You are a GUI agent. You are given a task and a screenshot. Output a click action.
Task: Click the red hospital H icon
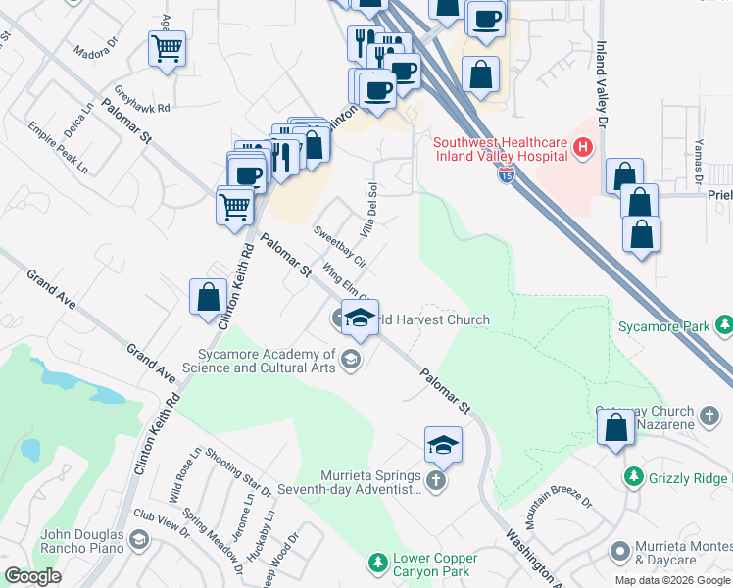583,149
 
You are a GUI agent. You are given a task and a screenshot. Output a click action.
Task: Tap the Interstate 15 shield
506,174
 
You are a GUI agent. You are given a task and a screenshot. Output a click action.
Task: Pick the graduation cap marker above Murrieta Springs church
443,445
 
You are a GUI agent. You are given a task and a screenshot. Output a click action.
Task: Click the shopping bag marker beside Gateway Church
615,428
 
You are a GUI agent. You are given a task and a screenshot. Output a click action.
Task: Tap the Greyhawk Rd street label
142,102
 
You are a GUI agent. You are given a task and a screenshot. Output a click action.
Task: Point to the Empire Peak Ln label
58,148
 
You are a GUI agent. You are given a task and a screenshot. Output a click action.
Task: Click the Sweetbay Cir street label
339,247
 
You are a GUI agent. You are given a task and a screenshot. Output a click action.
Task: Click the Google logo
33,576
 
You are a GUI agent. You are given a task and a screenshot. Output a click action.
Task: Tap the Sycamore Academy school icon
350,361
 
